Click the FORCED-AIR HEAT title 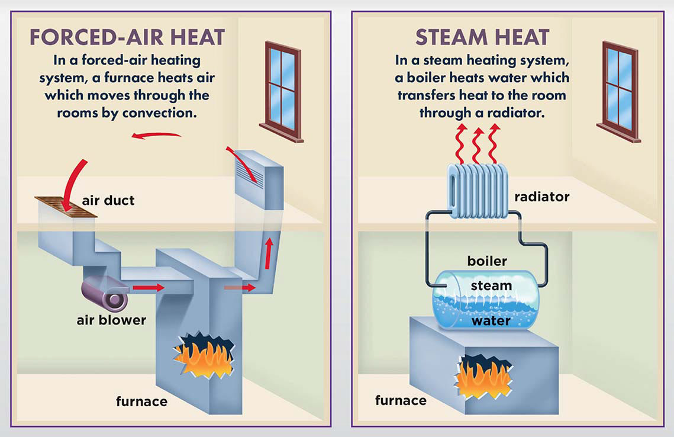click(127, 37)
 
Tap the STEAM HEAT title click(482, 37)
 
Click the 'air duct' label click(108, 200)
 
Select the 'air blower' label click(111, 320)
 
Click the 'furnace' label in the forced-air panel click(141, 402)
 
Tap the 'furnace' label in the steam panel click(401, 400)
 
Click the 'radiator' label click(541, 197)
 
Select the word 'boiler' click(487, 261)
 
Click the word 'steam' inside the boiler click(491, 286)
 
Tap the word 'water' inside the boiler click(491, 320)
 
